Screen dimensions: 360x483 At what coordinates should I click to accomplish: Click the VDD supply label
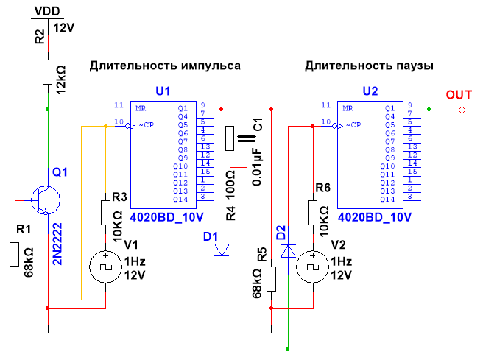[x=47, y=13]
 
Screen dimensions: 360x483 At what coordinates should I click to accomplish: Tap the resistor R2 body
[x=47, y=72]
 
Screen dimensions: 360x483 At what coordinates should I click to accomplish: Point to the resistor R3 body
[x=105, y=213]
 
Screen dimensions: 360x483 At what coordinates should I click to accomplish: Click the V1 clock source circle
[x=105, y=265]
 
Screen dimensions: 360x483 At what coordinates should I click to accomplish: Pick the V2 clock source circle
[x=313, y=265]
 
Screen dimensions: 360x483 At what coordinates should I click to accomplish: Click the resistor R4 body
[x=230, y=138]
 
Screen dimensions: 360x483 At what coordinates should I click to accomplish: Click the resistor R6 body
[x=313, y=213]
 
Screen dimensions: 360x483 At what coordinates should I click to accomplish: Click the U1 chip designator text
[x=163, y=91]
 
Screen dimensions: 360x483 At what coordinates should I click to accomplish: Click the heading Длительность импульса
[x=165, y=66]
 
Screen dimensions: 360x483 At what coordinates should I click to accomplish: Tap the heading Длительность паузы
[x=368, y=66]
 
